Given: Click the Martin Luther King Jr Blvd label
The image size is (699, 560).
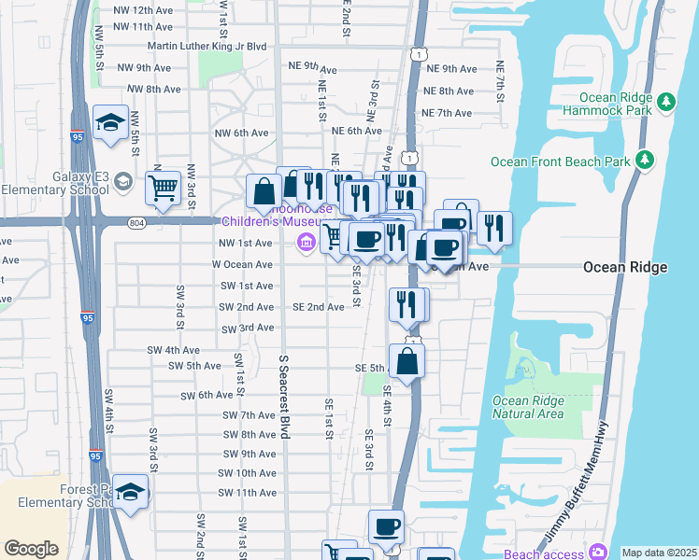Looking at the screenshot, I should tap(207, 46).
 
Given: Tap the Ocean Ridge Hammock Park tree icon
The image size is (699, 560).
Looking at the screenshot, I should tap(665, 101).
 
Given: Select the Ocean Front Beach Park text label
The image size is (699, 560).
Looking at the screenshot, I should tap(561, 161).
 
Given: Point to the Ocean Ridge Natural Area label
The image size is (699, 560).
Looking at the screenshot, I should tap(527, 407).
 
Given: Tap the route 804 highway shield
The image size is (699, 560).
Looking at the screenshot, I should tap(137, 222).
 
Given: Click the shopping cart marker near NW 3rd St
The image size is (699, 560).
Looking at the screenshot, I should tap(164, 188).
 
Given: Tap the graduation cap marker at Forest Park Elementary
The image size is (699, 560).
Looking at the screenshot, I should tap(131, 495).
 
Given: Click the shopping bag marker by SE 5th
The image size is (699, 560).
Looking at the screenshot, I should tap(407, 360).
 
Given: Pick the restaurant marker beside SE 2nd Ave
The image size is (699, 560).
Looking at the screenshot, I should tap(407, 303).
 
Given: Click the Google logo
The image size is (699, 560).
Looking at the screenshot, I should tap(31, 549).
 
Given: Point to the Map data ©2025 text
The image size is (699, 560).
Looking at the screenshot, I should tap(658, 553).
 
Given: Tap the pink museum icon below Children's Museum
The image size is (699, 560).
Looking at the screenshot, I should tap(305, 244).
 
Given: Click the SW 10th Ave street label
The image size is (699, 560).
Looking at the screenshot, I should tap(247, 473).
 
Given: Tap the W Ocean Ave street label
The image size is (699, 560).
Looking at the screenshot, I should tap(242, 264).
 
